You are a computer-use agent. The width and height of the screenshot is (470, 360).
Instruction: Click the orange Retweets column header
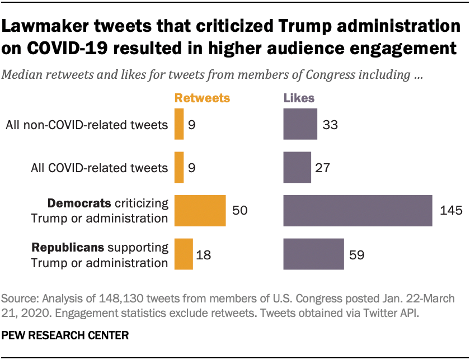pos(202,98)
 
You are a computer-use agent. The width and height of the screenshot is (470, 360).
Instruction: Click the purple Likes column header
pos(299,98)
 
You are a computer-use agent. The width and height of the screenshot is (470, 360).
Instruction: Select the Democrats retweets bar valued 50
pos(200,211)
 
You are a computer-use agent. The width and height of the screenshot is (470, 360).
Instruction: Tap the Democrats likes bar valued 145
pos(358,211)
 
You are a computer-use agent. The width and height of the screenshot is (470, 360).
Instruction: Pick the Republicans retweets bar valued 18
pos(184,254)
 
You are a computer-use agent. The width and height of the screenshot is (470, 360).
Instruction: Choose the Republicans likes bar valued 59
pos(313,254)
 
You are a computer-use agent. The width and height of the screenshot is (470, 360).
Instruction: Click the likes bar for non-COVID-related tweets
pos(300,124)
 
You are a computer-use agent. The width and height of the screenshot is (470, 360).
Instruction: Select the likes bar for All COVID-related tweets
pos(297,167)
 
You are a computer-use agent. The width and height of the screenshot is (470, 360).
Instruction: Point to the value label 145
pos(451,211)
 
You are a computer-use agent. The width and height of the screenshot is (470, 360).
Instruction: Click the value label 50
pos(240,211)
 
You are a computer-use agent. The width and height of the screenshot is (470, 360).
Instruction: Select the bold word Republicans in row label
pos(69,247)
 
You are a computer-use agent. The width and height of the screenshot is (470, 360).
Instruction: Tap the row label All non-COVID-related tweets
pos(87,125)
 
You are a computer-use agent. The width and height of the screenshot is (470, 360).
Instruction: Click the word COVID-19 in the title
pos(65,48)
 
